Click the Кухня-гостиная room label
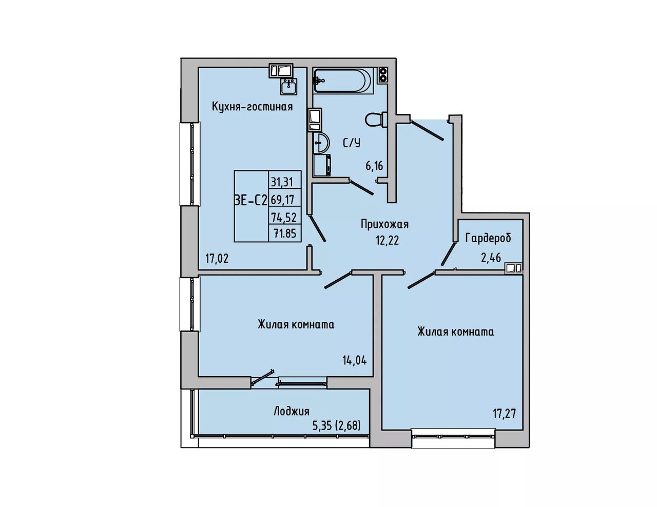(252, 107)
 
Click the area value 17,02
(217, 259)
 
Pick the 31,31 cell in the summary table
(284, 183)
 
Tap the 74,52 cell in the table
(284, 217)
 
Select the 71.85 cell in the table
(284, 233)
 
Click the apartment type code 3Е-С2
(251, 200)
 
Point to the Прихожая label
(384, 224)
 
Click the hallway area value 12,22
(388, 241)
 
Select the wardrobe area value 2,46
(491, 258)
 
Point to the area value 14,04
(355, 360)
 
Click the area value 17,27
(504, 414)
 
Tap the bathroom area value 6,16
(374, 166)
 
